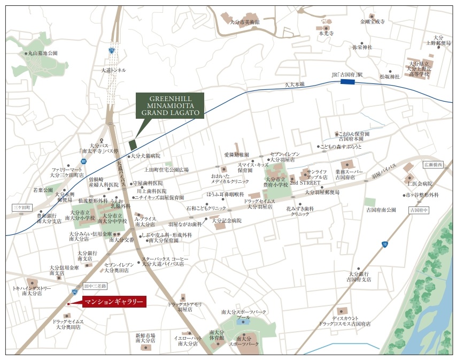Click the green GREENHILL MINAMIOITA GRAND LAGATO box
169,105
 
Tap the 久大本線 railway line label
293,85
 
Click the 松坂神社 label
390,76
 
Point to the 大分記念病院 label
227,220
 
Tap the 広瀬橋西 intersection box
433,164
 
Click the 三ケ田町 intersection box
22,206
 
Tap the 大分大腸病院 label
145,156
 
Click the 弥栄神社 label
362,47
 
